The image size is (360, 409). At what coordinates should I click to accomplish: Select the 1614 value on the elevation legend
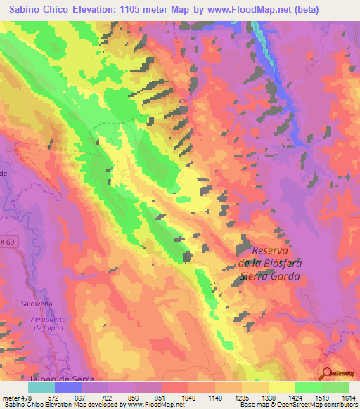coord(347,397)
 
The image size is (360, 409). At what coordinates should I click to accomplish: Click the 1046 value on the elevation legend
coord(188,397)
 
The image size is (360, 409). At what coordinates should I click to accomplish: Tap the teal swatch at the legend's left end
coord(41,387)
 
